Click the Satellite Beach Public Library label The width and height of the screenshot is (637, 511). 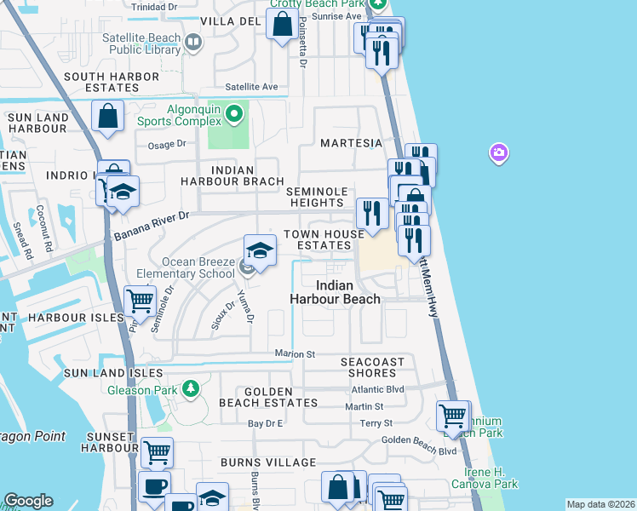click(141, 44)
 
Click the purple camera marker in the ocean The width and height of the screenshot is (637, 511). click(498, 153)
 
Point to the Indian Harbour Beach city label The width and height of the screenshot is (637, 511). click(335, 292)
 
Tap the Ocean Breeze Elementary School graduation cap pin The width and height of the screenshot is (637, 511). click(261, 250)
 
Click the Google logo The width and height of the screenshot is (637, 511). click(28, 501)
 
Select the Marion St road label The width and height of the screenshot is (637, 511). click(295, 353)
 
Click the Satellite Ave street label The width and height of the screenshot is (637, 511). click(251, 87)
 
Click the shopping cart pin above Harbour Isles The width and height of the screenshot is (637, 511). click(140, 300)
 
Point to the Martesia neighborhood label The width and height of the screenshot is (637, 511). click(345, 142)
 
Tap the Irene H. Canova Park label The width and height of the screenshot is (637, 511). click(491, 478)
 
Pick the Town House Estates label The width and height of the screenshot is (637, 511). click(317, 239)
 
